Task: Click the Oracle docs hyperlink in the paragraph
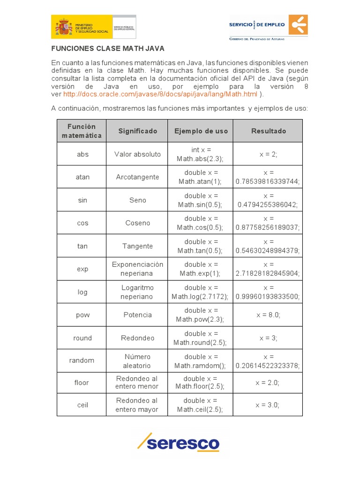click(x=160, y=94)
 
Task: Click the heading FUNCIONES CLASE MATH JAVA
click(x=108, y=48)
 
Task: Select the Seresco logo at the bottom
click(x=179, y=442)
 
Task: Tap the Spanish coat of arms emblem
click(x=64, y=26)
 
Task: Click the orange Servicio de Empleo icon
click(x=298, y=24)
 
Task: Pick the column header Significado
click(x=137, y=131)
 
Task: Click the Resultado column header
click(x=268, y=131)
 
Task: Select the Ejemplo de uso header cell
click(x=201, y=131)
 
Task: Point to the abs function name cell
click(x=82, y=154)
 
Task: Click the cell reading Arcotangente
click(x=137, y=177)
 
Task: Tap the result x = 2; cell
click(x=268, y=154)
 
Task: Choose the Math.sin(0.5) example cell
click(x=201, y=200)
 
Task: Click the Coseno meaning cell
click(x=137, y=223)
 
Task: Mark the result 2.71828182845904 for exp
click(x=268, y=269)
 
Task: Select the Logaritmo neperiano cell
click(x=137, y=292)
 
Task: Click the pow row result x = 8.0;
click(x=268, y=315)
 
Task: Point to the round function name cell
click(x=82, y=338)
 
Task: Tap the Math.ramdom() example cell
click(x=201, y=361)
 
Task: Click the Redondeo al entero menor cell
click(x=137, y=382)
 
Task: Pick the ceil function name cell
click(x=82, y=405)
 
